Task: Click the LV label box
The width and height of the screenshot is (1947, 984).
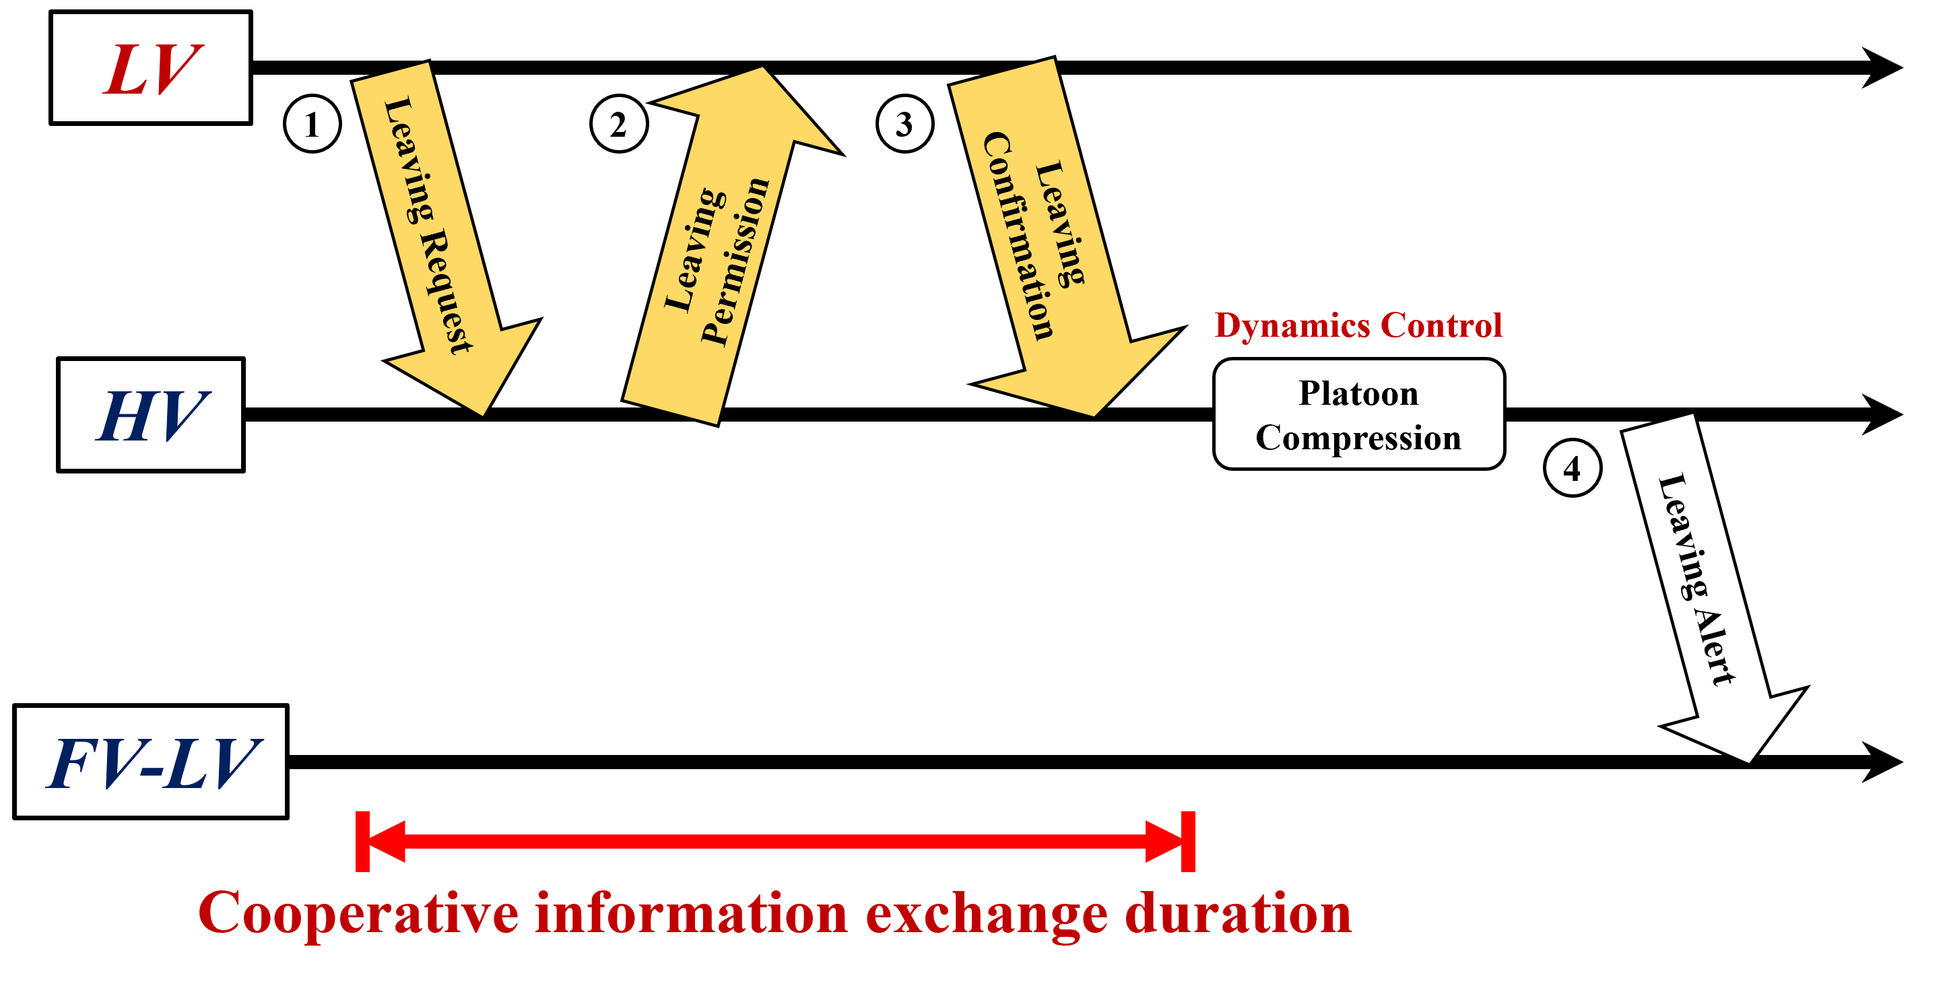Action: point(150,68)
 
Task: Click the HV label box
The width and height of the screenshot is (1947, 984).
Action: point(150,415)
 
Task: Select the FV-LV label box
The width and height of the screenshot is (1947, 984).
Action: point(150,762)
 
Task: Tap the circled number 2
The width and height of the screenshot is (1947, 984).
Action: point(618,124)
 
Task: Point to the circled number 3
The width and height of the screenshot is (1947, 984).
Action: point(904,124)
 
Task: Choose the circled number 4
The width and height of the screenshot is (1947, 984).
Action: point(1572,468)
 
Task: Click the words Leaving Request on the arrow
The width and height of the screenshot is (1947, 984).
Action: point(428,224)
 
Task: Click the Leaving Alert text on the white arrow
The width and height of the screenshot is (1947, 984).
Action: point(1695,580)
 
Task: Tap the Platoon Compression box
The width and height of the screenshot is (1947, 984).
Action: point(1358,414)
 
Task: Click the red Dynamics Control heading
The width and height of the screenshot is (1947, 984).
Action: point(1358,325)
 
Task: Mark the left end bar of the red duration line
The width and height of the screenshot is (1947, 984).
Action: point(363,841)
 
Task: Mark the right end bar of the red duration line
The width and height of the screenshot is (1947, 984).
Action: point(1188,841)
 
